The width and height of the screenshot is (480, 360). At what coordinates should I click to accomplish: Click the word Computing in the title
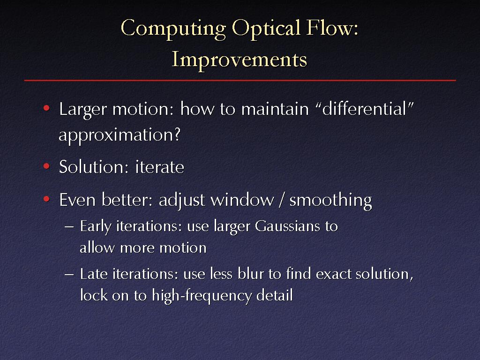(x=173, y=29)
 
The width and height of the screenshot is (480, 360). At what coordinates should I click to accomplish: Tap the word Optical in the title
(x=266, y=29)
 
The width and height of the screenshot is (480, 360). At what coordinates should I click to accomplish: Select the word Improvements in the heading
(x=240, y=60)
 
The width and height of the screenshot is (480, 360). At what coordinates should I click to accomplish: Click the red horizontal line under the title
(x=240, y=80)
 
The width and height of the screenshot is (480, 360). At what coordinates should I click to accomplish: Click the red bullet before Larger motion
(x=46, y=108)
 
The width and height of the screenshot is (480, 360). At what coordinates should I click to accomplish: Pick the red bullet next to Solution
(x=46, y=166)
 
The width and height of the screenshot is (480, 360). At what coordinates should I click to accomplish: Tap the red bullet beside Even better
(x=46, y=199)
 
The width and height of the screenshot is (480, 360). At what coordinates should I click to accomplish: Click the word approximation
(x=120, y=135)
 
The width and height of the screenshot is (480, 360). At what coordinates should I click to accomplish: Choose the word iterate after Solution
(x=159, y=167)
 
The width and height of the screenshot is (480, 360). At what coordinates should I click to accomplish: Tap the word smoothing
(x=330, y=201)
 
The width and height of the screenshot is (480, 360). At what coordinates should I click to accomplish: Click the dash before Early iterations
(x=69, y=227)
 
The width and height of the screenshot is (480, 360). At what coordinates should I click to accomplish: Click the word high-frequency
(x=202, y=296)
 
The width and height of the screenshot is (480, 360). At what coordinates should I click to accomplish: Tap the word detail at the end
(x=275, y=295)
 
